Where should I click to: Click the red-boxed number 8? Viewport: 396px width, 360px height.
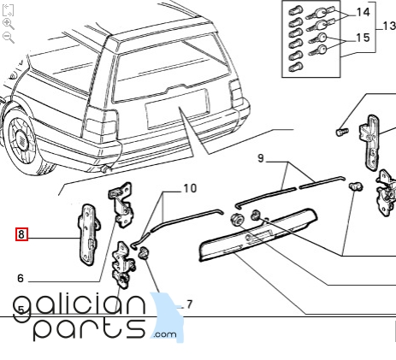point(21,234)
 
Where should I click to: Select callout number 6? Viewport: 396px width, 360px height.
point(21,278)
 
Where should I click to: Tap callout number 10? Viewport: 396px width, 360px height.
point(190,188)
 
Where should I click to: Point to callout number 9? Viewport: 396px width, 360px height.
point(261,158)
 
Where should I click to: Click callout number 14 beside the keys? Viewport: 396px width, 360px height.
point(363,12)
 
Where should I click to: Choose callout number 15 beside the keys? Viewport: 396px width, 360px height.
point(363,38)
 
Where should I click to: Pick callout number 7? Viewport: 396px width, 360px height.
point(190,304)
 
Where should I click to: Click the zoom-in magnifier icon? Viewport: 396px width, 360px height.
point(8,24)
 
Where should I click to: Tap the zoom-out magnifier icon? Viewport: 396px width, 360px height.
point(8,38)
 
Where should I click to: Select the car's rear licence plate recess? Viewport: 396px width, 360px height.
point(177,108)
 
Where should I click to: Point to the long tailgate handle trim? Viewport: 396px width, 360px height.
point(258,234)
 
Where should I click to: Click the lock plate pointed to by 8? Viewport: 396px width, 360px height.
point(88,235)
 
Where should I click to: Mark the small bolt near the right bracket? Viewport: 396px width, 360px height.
point(341,133)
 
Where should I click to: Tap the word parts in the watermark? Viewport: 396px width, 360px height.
point(90,329)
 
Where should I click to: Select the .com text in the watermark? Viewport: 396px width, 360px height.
point(164,333)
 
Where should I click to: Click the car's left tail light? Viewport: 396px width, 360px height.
point(101,127)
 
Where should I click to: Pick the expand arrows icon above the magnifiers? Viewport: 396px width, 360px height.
point(8,10)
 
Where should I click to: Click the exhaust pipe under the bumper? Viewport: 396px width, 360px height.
point(105,168)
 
